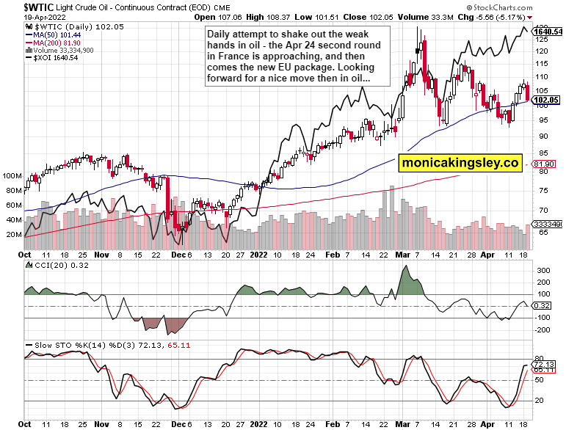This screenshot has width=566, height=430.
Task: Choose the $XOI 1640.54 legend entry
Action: (x=53, y=58)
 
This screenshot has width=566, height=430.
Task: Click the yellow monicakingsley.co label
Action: (x=460, y=163)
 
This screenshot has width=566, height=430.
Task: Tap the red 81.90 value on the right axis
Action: (x=545, y=163)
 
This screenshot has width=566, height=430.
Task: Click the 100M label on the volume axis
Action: (x=10, y=176)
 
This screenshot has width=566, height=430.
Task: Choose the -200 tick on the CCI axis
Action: (x=543, y=329)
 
